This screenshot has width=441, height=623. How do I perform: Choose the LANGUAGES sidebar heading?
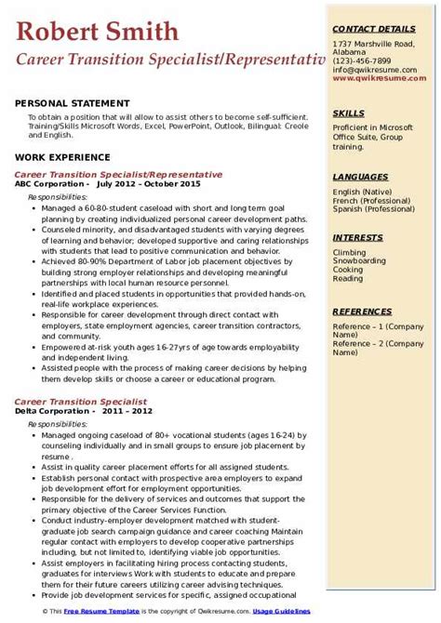coord(360,176)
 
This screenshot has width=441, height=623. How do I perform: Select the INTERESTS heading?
coord(357,237)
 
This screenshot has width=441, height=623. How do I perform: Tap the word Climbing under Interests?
coord(350,252)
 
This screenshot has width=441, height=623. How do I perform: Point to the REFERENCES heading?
coord(363,311)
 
